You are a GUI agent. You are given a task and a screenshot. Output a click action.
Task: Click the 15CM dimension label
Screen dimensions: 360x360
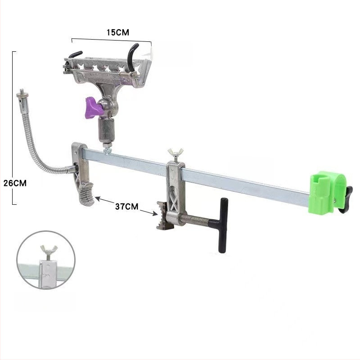click(117, 32)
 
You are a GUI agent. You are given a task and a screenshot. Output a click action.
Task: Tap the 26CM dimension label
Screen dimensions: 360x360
click(15, 183)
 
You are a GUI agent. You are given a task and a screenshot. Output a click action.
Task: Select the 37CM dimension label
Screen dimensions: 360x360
click(127, 207)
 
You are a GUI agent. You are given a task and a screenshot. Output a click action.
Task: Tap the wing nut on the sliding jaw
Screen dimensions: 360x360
click(175, 153)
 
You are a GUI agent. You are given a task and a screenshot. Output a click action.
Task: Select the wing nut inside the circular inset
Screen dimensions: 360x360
click(49, 251)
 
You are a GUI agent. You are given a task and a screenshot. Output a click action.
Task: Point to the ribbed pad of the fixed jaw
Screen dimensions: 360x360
click(86, 193)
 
